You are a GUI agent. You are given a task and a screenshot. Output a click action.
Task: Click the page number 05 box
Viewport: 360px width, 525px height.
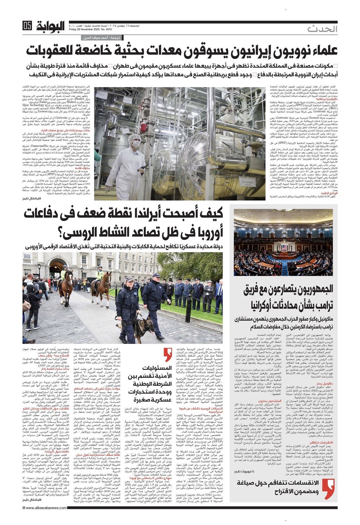[x=27, y=26]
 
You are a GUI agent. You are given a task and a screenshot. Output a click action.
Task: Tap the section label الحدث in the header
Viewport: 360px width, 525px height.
[x=322, y=29]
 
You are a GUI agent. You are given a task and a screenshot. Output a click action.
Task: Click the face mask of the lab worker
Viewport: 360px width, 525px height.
[x=136, y=144]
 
